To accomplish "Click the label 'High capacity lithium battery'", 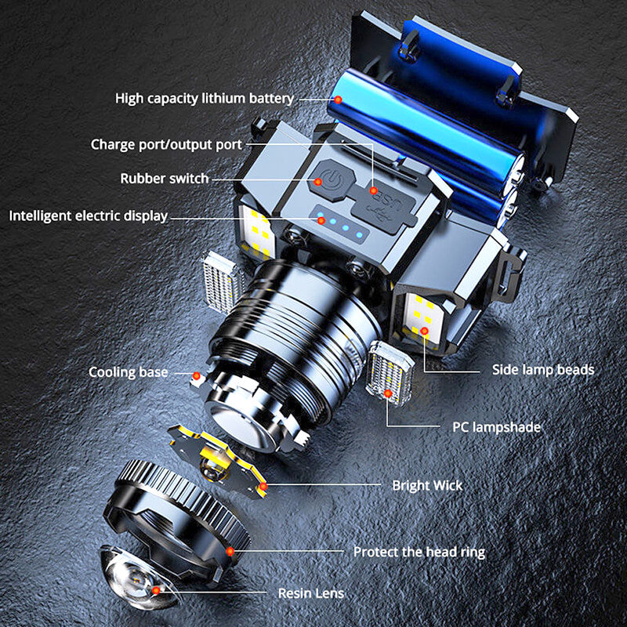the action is click(205, 99).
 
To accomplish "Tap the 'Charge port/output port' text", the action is click(166, 144).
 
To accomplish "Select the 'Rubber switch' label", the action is click(165, 179).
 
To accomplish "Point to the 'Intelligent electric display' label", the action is click(89, 216).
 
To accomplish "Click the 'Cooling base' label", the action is click(128, 372).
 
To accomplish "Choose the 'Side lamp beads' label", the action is click(543, 369).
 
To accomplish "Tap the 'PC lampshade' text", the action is click(496, 427).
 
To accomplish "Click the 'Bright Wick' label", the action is click(427, 485).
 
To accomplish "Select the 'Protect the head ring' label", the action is click(419, 552).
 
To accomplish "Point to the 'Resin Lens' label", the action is click(311, 593).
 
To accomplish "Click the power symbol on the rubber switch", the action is click(332, 180).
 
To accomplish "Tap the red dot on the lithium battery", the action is click(338, 100).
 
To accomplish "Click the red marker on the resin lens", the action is click(156, 590).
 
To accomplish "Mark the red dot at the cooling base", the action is click(197, 376).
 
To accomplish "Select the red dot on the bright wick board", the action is click(263, 486).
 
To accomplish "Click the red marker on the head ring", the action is click(230, 552).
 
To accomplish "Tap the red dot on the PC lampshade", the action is click(387, 393).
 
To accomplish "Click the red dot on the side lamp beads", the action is click(424, 331).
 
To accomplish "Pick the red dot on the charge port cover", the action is click(373, 190).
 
